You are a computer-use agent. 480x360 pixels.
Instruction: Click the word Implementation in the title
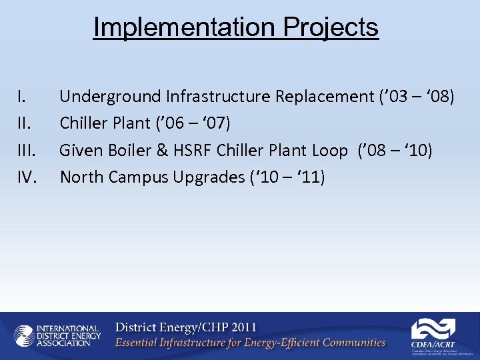(184, 28)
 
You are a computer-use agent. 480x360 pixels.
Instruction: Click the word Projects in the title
(331, 28)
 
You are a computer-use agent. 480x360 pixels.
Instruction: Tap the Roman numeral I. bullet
(22, 97)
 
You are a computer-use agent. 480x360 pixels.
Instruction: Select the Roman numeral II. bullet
(24, 124)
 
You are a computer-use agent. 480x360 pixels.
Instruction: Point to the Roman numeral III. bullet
(26, 151)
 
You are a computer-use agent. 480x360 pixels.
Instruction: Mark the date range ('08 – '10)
(395, 151)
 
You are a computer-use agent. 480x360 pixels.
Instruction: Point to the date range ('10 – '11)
(288, 177)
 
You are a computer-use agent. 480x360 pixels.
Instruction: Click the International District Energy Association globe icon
(24, 336)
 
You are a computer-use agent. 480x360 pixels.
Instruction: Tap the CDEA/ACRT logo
(433, 335)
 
